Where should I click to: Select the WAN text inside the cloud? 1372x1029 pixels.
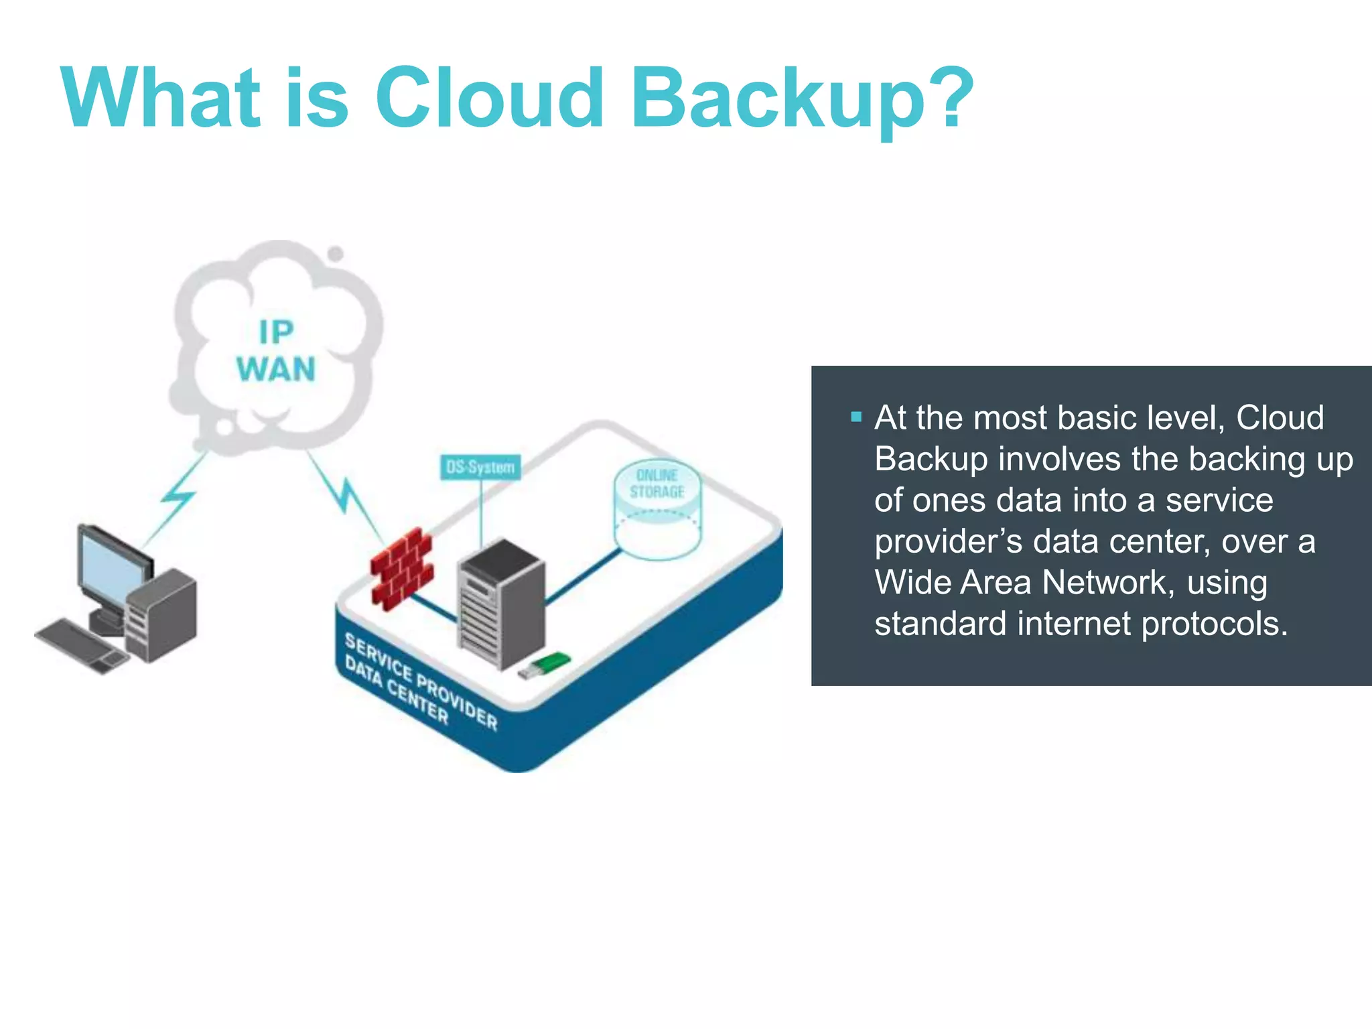275,370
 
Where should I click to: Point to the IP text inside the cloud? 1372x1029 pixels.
276,332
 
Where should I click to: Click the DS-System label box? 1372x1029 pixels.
480,467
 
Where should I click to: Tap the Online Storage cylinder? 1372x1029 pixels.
657,510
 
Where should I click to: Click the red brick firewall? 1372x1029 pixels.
401,569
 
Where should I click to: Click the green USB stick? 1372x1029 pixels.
545,665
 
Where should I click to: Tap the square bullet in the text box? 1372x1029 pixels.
855,417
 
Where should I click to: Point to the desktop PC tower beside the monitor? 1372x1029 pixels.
163,614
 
